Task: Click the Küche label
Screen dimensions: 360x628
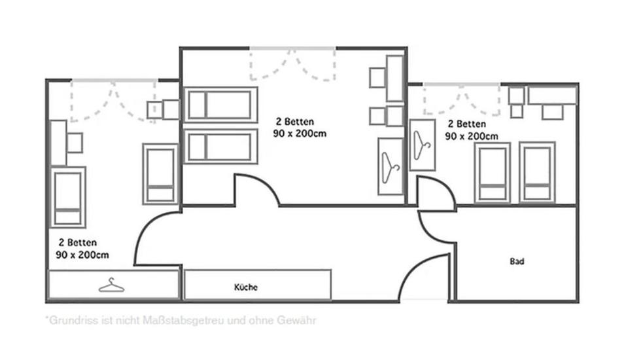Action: click(x=246, y=287)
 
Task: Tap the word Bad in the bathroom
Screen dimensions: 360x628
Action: click(x=517, y=261)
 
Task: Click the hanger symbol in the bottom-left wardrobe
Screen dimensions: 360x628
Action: click(x=112, y=285)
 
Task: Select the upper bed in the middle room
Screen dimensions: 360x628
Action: click(x=220, y=105)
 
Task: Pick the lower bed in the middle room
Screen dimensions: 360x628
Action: click(x=220, y=147)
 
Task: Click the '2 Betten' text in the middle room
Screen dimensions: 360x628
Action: click(x=294, y=122)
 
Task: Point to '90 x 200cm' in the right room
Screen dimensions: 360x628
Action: click(x=471, y=136)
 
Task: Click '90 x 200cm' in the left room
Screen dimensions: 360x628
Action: click(x=82, y=255)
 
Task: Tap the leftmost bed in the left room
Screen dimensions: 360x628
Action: click(x=68, y=197)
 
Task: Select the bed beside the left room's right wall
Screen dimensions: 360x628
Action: click(x=160, y=174)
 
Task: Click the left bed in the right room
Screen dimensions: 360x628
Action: click(x=493, y=173)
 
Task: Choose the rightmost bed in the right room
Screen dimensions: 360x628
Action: click(x=537, y=173)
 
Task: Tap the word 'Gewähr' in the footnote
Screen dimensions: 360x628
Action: click(x=300, y=321)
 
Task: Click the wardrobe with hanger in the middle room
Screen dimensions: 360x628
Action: click(x=391, y=166)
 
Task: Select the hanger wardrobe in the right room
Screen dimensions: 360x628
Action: click(x=422, y=145)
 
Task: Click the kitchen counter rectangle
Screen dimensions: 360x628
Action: click(x=257, y=285)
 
